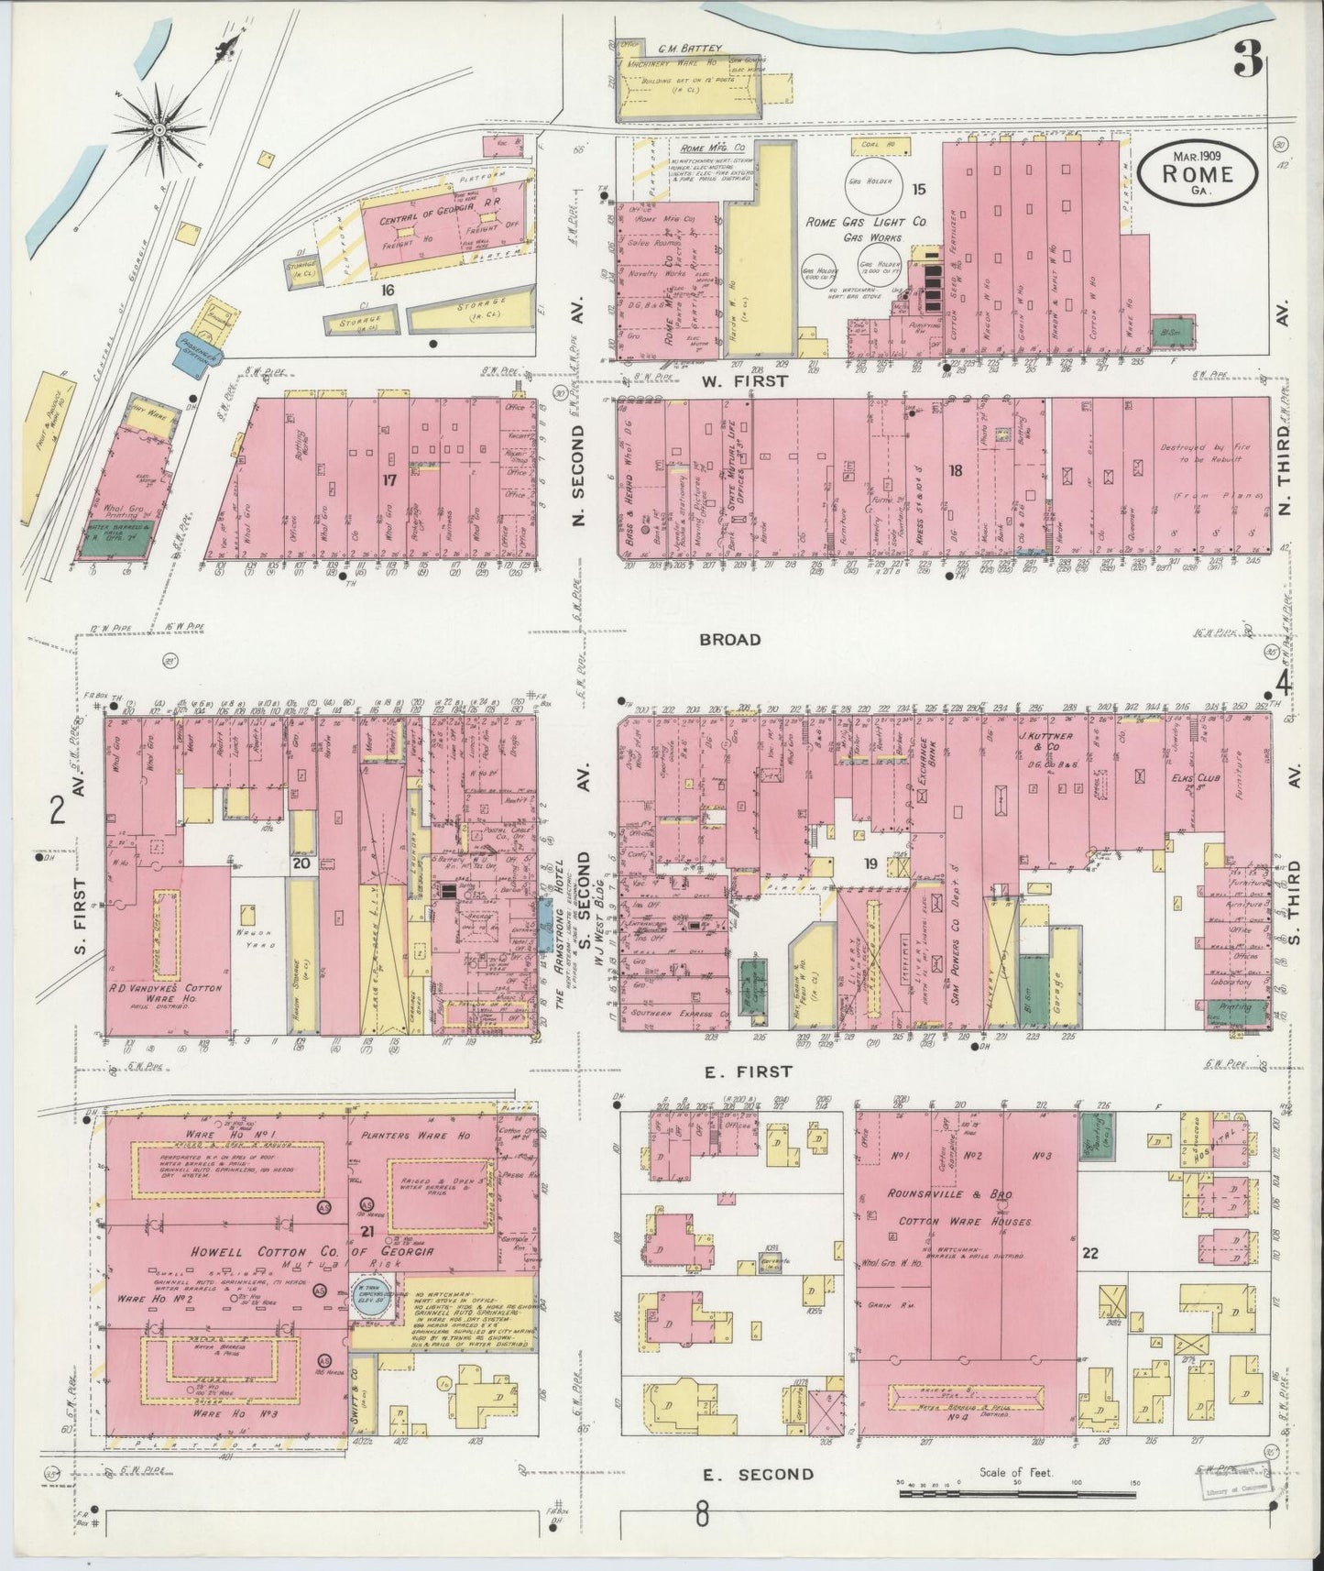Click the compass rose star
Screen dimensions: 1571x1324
pos(159,130)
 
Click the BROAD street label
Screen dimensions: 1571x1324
pos(729,639)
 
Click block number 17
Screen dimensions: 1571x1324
pos(388,478)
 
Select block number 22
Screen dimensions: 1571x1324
pos(1089,1252)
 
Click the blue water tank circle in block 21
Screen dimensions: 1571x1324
pos(375,1304)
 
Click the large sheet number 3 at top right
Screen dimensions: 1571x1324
pos(1247,64)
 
